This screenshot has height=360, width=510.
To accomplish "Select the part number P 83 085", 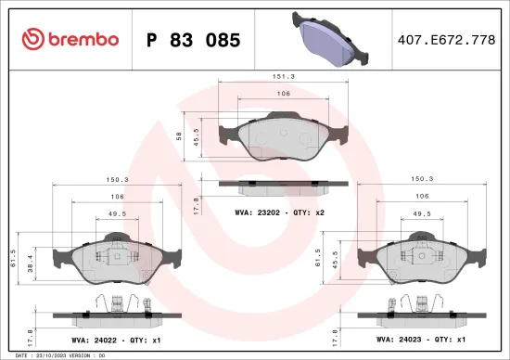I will point(194,40).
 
